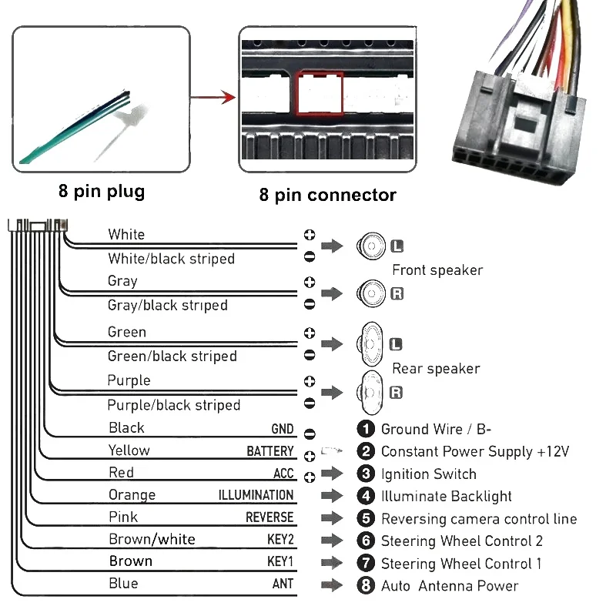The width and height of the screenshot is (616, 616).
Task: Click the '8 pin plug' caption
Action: click(101, 191)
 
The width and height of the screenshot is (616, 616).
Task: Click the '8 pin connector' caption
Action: click(327, 195)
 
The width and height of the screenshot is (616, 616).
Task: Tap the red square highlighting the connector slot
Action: click(320, 94)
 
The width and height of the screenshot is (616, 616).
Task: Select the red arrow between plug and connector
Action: click(213, 98)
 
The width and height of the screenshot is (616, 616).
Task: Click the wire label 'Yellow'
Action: click(129, 450)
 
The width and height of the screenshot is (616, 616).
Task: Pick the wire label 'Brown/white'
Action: click(152, 539)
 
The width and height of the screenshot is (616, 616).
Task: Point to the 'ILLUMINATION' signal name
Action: click(256, 495)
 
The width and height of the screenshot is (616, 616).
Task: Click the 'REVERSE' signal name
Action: click(269, 517)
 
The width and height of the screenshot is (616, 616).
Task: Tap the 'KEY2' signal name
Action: click(280, 540)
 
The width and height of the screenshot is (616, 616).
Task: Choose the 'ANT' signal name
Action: click(283, 584)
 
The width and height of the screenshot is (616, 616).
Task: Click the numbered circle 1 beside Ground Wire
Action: click(367, 429)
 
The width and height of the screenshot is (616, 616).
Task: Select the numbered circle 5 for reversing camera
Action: click(367, 519)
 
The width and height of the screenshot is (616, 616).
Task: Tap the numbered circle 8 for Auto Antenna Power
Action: click(367, 586)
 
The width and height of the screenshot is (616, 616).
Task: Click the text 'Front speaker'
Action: click(437, 270)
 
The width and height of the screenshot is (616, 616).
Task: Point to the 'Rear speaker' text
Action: click(436, 369)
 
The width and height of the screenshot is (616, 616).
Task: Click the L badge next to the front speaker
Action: click(397, 246)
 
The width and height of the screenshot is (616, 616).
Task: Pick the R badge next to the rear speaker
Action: click(397, 393)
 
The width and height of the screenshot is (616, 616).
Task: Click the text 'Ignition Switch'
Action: click(428, 474)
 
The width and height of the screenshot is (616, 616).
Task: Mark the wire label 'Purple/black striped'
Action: click(173, 405)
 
